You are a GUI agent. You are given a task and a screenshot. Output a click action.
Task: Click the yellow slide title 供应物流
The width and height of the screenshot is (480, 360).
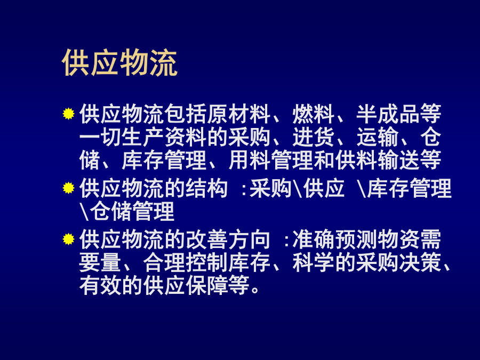tap(119, 63)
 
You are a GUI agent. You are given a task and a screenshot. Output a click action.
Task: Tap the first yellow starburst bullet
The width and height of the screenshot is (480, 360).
tap(69, 114)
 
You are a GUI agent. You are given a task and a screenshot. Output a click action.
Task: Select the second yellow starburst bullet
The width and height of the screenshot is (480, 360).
tap(69, 188)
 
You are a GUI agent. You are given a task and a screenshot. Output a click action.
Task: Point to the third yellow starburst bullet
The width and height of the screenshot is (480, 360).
tap(69, 239)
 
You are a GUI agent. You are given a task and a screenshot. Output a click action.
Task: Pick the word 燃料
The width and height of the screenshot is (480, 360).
tap(314, 114)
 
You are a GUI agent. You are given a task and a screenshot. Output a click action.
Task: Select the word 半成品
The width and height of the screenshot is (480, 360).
tap(388, 114)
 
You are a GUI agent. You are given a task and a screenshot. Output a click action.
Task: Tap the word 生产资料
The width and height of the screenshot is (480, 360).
tap(164, 137)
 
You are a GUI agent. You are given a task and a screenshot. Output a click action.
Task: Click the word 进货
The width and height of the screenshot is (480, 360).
tap(314, 137)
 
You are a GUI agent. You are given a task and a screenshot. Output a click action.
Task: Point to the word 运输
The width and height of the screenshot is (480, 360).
tap(378, 137)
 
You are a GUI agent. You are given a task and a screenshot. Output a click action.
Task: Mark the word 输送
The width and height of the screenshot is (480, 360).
tap(399, 160)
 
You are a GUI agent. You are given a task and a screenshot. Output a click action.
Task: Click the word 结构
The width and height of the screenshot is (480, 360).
tap(207, 188)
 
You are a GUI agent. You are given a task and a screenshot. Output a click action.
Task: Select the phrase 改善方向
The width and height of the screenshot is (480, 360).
tap(228, 239)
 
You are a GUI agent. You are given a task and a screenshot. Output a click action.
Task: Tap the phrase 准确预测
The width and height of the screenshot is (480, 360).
tap(335, 239)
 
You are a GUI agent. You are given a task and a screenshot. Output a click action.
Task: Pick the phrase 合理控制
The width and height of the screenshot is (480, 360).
tap(186, 262)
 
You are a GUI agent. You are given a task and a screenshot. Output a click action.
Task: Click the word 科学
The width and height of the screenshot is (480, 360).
tap(314, 262)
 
